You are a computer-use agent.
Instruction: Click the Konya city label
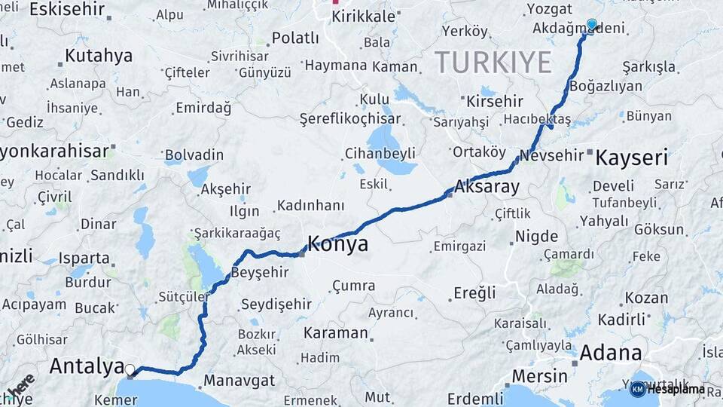(337, 244)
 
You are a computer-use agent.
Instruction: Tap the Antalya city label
(86, 367)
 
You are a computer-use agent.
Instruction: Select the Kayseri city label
(631, 158)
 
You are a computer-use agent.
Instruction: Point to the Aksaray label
(487, 188)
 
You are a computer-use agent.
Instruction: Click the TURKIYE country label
(493, 63)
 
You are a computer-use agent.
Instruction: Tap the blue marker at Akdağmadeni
(591, 25)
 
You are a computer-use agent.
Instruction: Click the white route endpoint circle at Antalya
(130, 370)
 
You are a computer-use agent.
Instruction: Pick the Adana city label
(611, 352)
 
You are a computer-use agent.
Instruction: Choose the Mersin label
(539, 375)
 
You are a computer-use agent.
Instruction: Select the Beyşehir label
(260, 272)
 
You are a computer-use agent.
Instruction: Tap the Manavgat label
(239, 381)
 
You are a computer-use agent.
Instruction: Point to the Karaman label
(335, 332)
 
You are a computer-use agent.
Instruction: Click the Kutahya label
(99, 56)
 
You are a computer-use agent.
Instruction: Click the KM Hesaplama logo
(667, 390)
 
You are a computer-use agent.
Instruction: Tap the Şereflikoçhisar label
(350, 119)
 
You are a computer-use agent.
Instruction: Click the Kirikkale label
(363, 17)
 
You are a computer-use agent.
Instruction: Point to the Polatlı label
(295, 38)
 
